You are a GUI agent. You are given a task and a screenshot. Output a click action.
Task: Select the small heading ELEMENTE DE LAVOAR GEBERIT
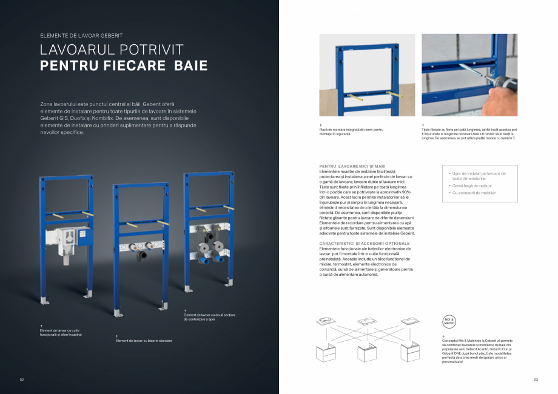81,36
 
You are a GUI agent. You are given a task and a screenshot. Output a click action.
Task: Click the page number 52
22,380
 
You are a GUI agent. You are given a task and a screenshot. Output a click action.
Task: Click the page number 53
536,380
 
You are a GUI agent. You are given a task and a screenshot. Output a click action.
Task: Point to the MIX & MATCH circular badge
449,321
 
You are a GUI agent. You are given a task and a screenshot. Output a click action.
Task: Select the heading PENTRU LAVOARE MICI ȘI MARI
352,166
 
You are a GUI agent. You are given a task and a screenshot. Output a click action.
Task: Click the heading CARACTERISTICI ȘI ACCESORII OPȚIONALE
364,243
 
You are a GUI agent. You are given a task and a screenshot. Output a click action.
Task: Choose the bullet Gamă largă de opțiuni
472,185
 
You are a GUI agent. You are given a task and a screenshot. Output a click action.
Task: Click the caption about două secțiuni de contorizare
208,317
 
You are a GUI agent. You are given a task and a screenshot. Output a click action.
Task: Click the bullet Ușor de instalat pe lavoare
479,176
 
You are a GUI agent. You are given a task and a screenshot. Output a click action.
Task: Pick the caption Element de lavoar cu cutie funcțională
61,333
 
